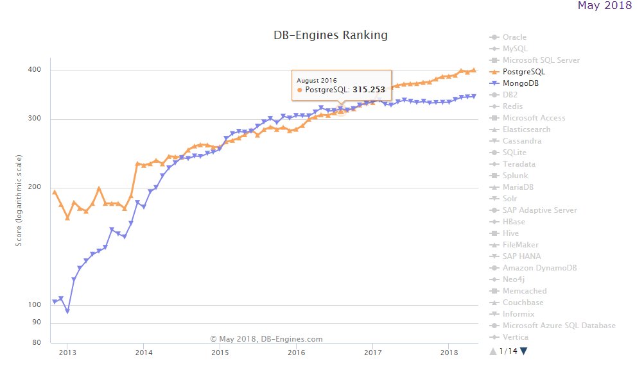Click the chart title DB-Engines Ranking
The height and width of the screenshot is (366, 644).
pyautogui.click(x=331, y=35)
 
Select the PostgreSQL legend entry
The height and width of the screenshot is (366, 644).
pyautogui.click(x=523, y=72)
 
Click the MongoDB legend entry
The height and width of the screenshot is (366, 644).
pyautogui.click(x=521, y=83)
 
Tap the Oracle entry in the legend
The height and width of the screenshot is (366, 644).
pyautogui.click(x=514, y=37)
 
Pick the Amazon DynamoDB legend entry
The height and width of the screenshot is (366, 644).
pyautogui.click(x=539, y=268)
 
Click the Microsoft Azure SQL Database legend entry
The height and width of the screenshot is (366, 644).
pyautogui.click(x=559, y=326)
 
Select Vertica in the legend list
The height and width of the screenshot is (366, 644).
pyautogui.click(x=516, y=337)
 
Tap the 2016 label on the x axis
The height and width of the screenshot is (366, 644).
pyautogui.click(x=296, y=353)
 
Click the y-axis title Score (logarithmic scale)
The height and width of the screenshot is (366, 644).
pyautogui.click(x=19, y=200)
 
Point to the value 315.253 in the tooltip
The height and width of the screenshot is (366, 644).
pyautogui.click(x=368, y=90)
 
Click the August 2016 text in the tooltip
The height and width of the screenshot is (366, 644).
pyautogui.click(x=317, y=79)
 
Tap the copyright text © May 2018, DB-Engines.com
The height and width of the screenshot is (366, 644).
pyautogui.click(x=266, y=339)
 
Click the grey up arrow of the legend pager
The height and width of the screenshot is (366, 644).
pyautogui.click(x=492, y=351)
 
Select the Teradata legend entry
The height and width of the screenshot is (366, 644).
pyautogui.click(x=519, y=164)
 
